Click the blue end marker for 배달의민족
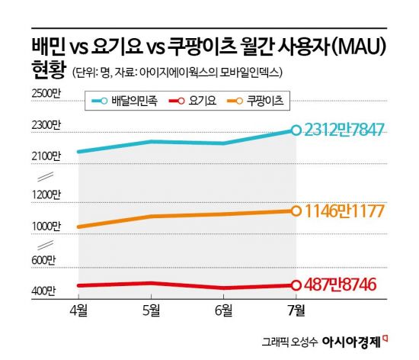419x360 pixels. tap(296, 130)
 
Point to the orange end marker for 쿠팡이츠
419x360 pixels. tap(296, 211)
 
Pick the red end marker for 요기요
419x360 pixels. tap(296, 285)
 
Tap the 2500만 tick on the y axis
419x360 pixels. tap(45, 94)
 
